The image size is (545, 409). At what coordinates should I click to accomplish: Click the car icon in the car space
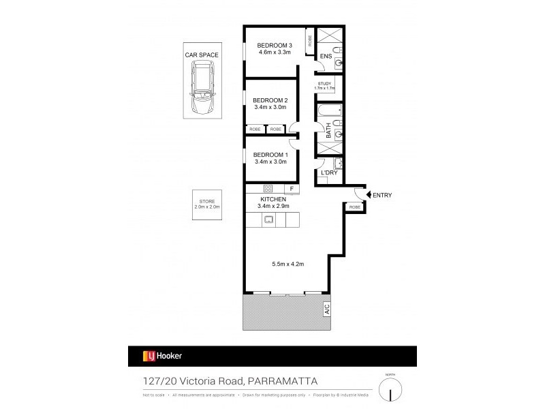202,88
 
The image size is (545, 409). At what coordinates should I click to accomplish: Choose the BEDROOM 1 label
271,155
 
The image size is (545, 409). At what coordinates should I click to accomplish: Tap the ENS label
326,57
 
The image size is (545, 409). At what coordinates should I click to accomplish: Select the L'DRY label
329,174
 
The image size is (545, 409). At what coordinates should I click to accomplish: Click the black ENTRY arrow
369,196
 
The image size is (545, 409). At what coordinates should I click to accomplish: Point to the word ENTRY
383,196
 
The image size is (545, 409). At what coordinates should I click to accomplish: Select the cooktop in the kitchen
268,189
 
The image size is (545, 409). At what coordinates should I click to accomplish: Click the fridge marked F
292,189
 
